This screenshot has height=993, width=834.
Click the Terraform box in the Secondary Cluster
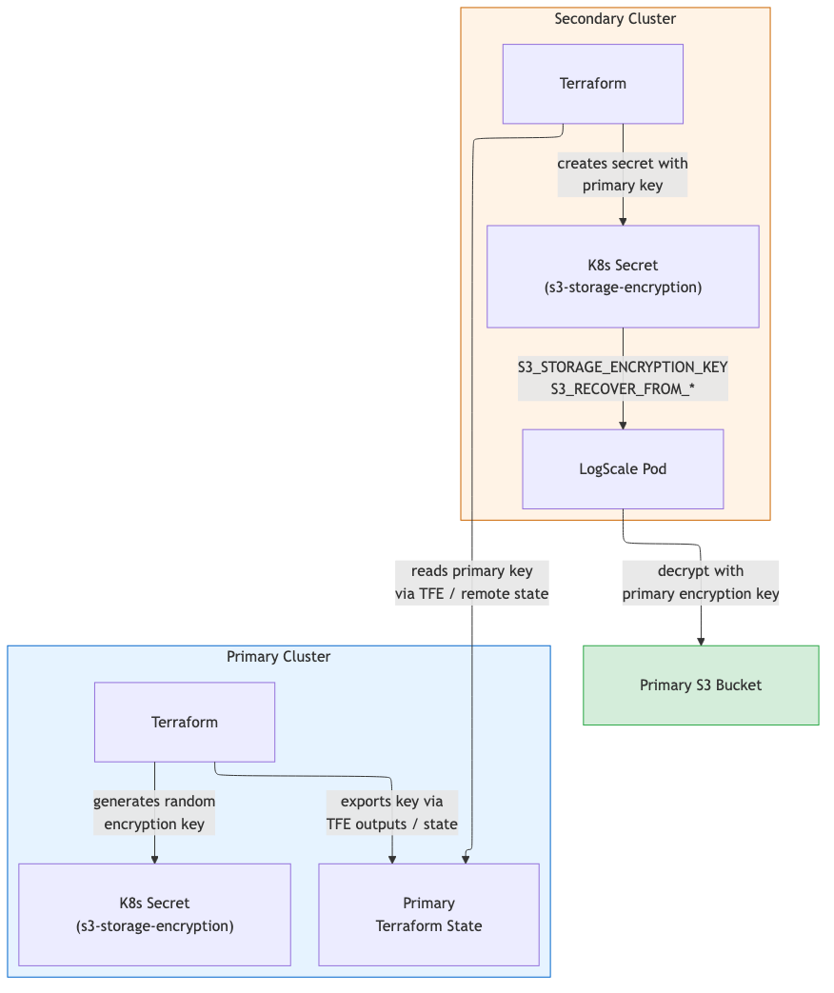click(592, 84)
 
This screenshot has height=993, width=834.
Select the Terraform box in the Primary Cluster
click(184, 722)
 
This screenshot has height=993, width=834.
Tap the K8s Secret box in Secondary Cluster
click(623, 276)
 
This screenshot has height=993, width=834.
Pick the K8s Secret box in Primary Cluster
click(154, 914)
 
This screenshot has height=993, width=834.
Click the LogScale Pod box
click(623, 468)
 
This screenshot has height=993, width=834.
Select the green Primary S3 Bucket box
click(701, 685)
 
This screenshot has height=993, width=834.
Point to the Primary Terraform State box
click(428, 914)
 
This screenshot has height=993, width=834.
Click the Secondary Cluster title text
click(615, 19)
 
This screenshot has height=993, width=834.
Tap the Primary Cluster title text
click(278, 657)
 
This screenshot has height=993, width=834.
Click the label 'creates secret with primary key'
click(623, 175)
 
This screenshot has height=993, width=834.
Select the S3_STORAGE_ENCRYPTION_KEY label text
click(623, 367)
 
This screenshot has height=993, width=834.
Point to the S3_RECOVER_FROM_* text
click(623, 389)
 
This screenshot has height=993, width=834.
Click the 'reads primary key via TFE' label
click(472, 583)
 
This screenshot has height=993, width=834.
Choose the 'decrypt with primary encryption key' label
click(701, 583)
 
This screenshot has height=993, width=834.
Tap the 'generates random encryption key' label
click(154, 812)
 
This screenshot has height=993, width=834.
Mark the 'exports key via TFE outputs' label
click(391, 812)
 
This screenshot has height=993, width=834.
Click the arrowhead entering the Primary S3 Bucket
click(701, 641)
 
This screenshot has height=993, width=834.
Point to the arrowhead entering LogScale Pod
click(623, 425)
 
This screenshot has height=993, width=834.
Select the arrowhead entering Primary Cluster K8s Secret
click(154, 859)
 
